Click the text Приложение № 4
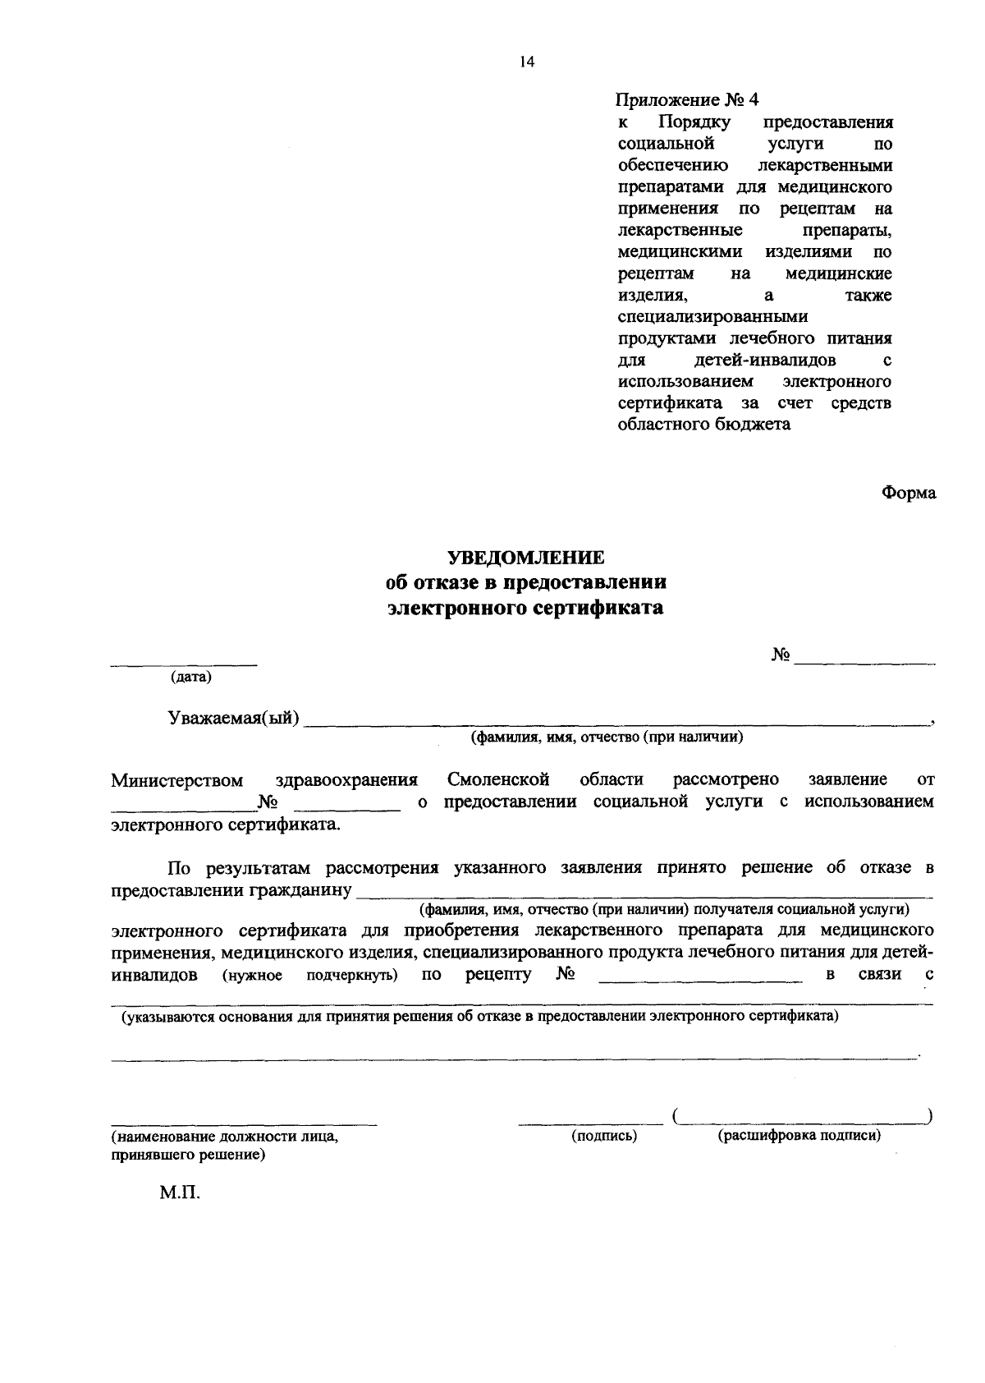click(688, 100)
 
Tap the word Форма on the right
click(908, 493)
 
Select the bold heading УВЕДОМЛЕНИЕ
click(525, 558)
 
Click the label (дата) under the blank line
click(190, 678)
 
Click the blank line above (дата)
click(184, 664)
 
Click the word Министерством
click(177, 779)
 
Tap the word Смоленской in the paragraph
click(499, 779)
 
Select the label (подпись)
click(604, 1137)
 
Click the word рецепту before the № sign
click(498, 975)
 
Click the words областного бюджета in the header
click(703, 425)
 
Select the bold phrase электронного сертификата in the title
click(525, 609)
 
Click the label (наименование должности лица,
click(224, 1138)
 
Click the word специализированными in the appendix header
click(712, 317)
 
